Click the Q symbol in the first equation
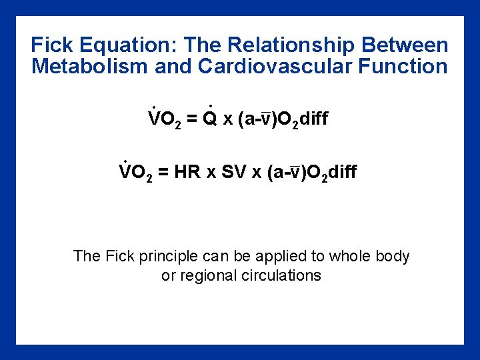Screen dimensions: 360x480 [209, 119]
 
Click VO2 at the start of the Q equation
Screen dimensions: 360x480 [164, 119]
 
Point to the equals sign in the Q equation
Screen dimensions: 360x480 [191, 119]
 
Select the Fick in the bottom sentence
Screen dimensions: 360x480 [120, 256]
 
